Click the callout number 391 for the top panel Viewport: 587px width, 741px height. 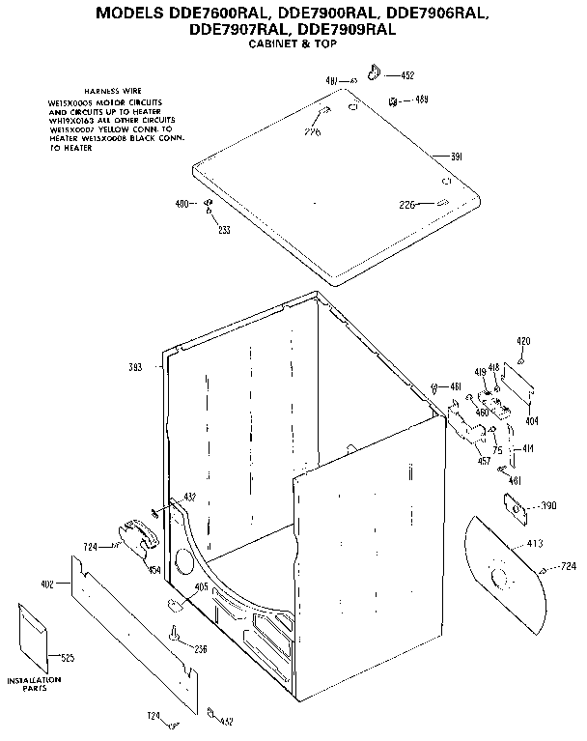(458, 157)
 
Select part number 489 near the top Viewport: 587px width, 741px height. (422, 100)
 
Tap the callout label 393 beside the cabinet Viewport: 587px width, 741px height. (135, 366)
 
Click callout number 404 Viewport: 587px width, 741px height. (531, 421)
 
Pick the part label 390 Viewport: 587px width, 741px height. (548, 506)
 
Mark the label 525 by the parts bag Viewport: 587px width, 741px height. (67, 658)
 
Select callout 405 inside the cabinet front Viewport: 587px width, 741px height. (201, 584)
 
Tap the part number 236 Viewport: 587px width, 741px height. (200, 648)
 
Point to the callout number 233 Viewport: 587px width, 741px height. (224, 230)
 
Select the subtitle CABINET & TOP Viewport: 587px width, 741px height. (290, 45)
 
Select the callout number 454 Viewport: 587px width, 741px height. (154, 569)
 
